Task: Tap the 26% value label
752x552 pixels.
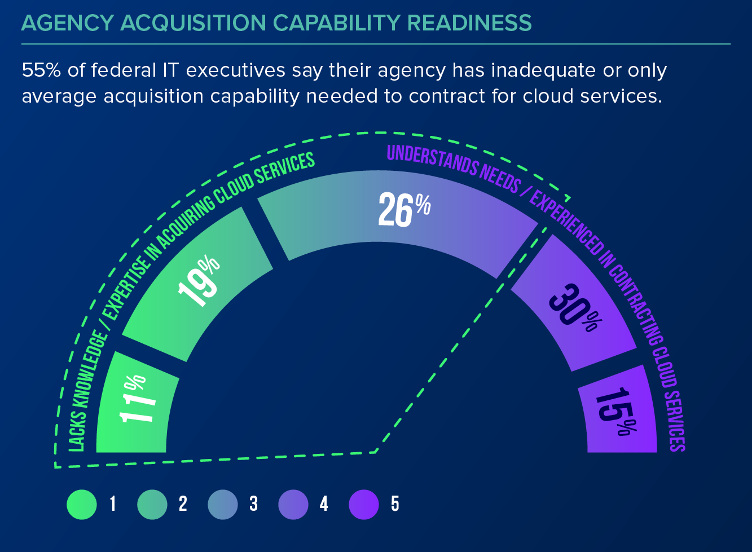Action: pyautogui.click(x=403, y=209)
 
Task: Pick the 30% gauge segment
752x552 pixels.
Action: pyautogui.click(x=573, y=304)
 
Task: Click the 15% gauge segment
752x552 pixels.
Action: pyautogui.click(x=618, y=412)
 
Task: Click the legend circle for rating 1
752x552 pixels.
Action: pyautogui.click(x=82, y=504)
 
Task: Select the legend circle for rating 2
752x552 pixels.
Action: pyautogui.click(x=152, y=504)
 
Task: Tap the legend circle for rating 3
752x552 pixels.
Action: pyautogui.click(x=223, y=504)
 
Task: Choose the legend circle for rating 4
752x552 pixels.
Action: pyautogui.click(x=293, y=504)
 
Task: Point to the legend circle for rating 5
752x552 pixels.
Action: pyautogui.click(x=364, y=504)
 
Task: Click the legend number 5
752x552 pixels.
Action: pyautogui.click(x=395, y=504)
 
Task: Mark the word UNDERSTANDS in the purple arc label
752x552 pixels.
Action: pyautogui.click(x=432, y=158)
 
